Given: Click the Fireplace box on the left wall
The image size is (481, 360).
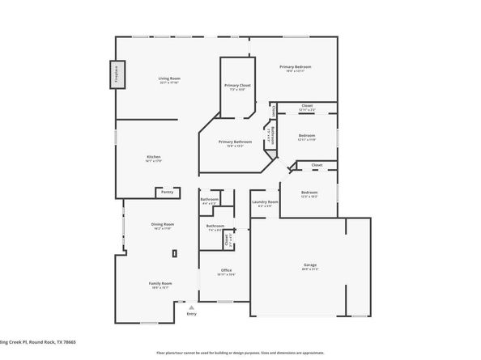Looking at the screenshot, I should pos(116,75).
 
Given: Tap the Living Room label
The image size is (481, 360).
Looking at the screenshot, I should pos(168,79).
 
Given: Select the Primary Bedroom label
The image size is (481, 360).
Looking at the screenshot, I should pos(296,68).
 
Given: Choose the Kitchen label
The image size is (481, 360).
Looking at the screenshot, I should pos(153,158).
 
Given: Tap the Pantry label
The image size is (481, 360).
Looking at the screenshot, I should pos(167,193).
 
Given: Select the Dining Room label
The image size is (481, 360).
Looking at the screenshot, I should pos(162,225).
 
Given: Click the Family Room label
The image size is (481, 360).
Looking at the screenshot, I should pos(160,284).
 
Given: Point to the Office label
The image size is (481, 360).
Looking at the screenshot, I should pos(226,271).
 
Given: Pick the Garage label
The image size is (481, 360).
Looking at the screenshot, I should pos(309,266).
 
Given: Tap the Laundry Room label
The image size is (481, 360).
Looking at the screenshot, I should pos(265,202).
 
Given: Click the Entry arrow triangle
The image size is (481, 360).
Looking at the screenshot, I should pos(191,307).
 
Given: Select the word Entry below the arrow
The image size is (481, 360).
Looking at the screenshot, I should pos(191,314).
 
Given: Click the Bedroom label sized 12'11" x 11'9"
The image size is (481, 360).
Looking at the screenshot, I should pos(306,137).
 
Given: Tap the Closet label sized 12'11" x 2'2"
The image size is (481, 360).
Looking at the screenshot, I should pos(307,107).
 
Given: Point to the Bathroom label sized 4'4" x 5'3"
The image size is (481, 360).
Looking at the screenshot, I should pos(210,200).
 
